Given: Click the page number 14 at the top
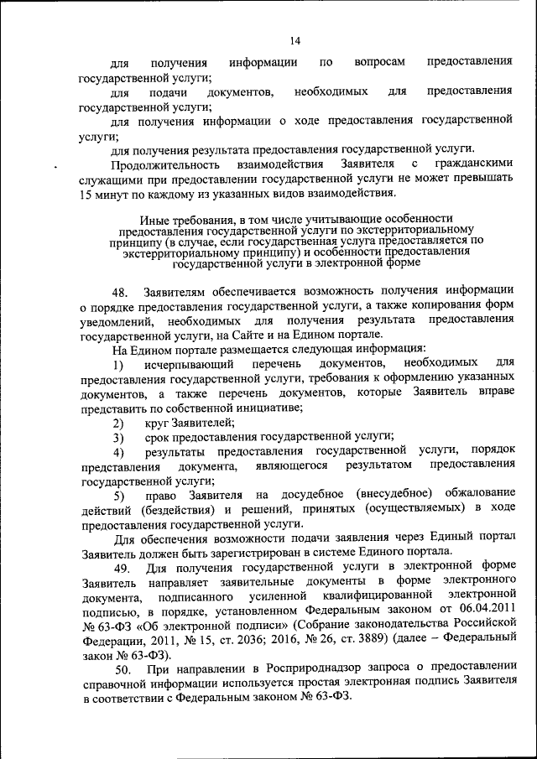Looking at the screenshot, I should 295,40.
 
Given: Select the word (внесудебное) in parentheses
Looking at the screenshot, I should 398,494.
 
